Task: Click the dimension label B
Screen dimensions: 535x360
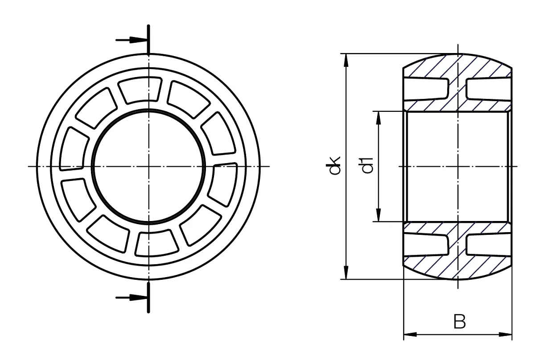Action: [460, 322]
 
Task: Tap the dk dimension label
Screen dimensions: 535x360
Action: [333, 165]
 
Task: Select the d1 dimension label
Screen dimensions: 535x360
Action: [367, 165]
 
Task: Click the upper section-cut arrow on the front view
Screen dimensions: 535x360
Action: [131, 40]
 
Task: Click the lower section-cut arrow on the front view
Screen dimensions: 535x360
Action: [131, 298]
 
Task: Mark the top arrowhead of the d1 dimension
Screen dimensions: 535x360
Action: [379, 118]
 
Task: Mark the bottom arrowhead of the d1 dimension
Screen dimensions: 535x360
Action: [379, 215]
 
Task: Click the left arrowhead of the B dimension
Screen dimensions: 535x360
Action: [410, 334]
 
